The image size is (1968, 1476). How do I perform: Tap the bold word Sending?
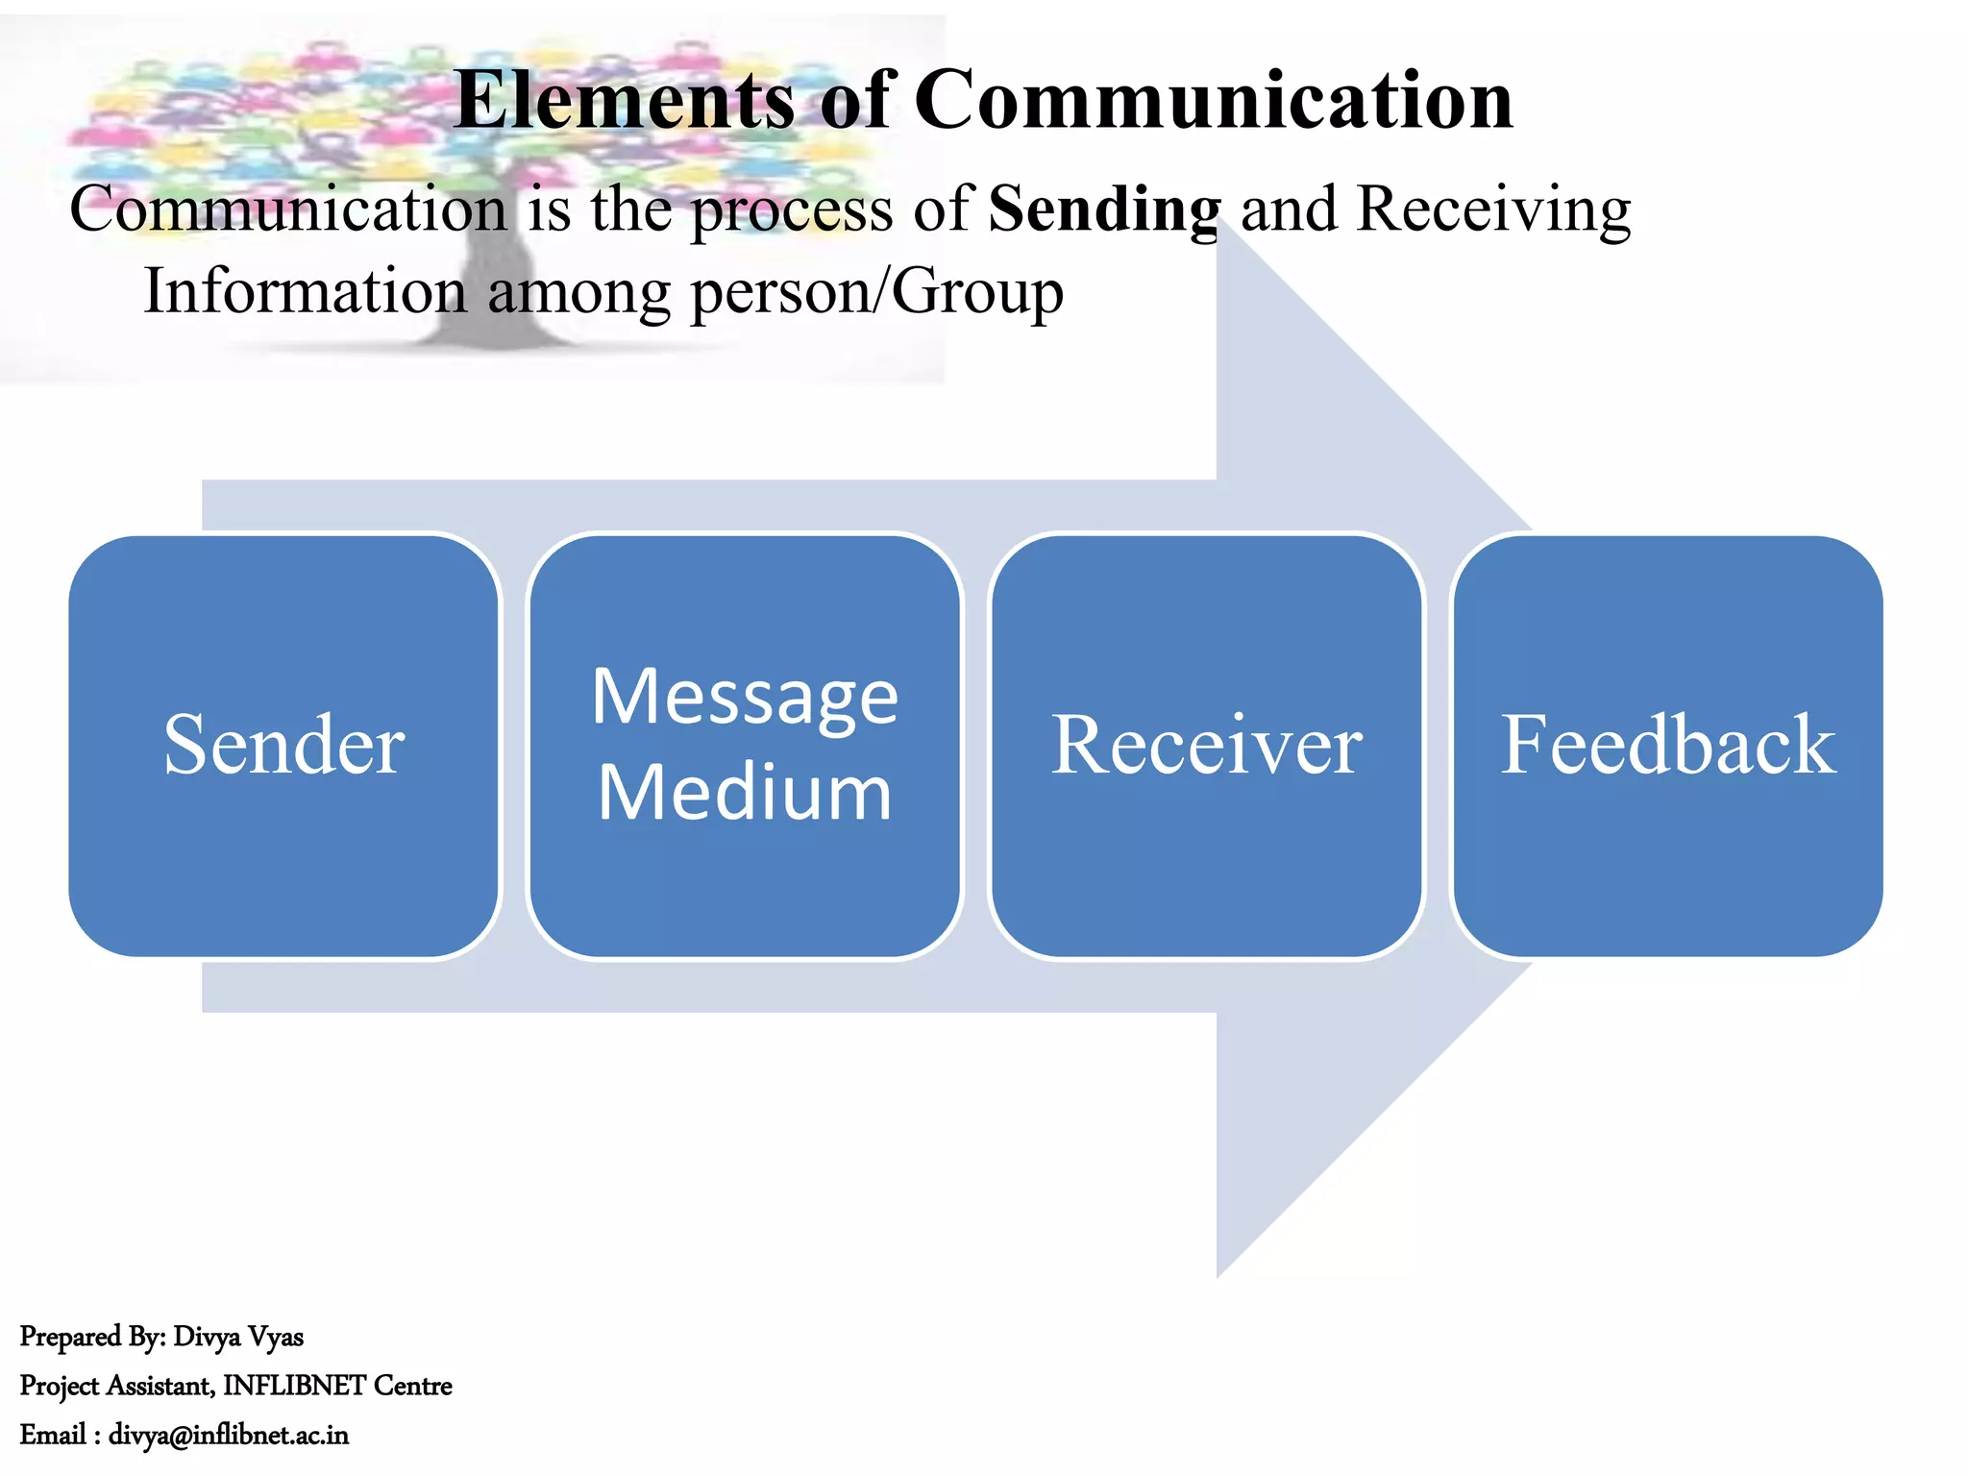tap(1104, 209)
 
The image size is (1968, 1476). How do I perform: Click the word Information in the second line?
tap(305, 291)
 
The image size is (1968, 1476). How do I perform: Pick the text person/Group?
tap(876, 291)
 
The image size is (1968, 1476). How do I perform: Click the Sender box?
tap(284, 746)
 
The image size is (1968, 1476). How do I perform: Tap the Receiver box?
tap(1206, 746)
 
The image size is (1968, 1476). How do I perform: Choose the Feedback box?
tap(1667, 746)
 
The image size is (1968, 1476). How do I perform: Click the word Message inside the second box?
tap(745, 697)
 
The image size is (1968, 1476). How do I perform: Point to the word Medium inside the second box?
tap(745, 793)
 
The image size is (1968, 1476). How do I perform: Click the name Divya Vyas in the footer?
tap(238, 1337)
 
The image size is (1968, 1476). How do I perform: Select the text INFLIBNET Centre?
tap(337, 1386)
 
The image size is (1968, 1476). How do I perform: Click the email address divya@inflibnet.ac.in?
tap(228, 1435)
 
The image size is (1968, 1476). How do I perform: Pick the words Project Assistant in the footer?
tap(116, 1386)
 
